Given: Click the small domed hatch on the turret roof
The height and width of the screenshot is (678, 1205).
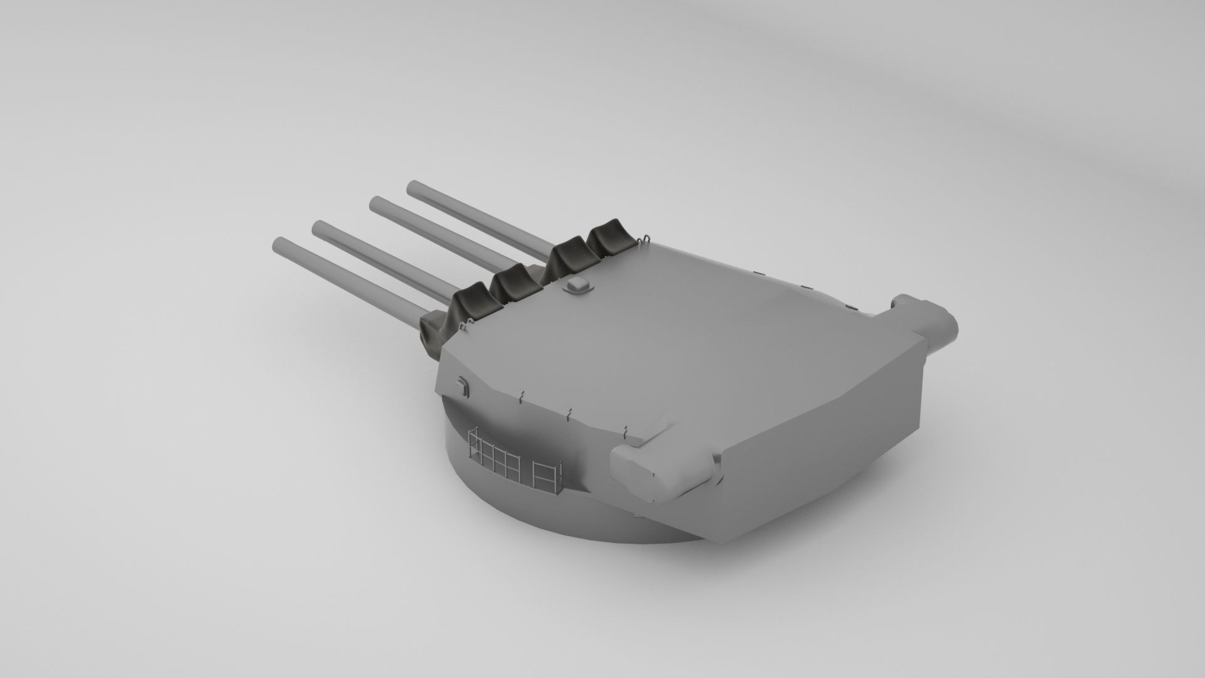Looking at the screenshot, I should tap(578, 286).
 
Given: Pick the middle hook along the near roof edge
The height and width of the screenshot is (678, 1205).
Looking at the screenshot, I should tap(568, 413).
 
